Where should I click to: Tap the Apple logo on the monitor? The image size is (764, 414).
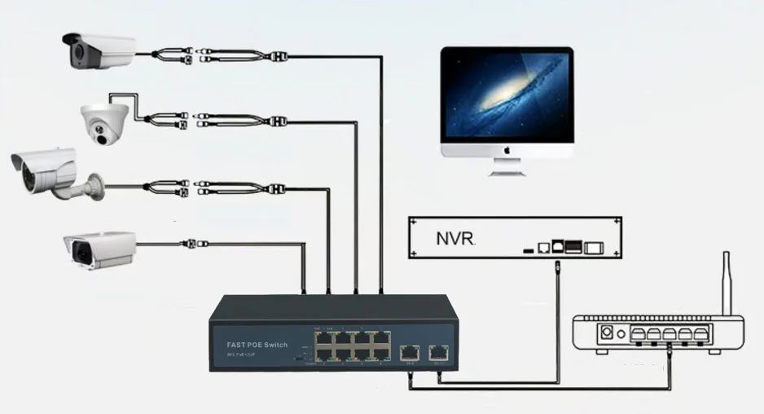507,150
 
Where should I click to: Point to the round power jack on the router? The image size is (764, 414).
606,333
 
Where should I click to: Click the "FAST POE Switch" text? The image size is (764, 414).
257,346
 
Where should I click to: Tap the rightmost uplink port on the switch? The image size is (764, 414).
438,352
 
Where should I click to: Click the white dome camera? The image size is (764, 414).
104,123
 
